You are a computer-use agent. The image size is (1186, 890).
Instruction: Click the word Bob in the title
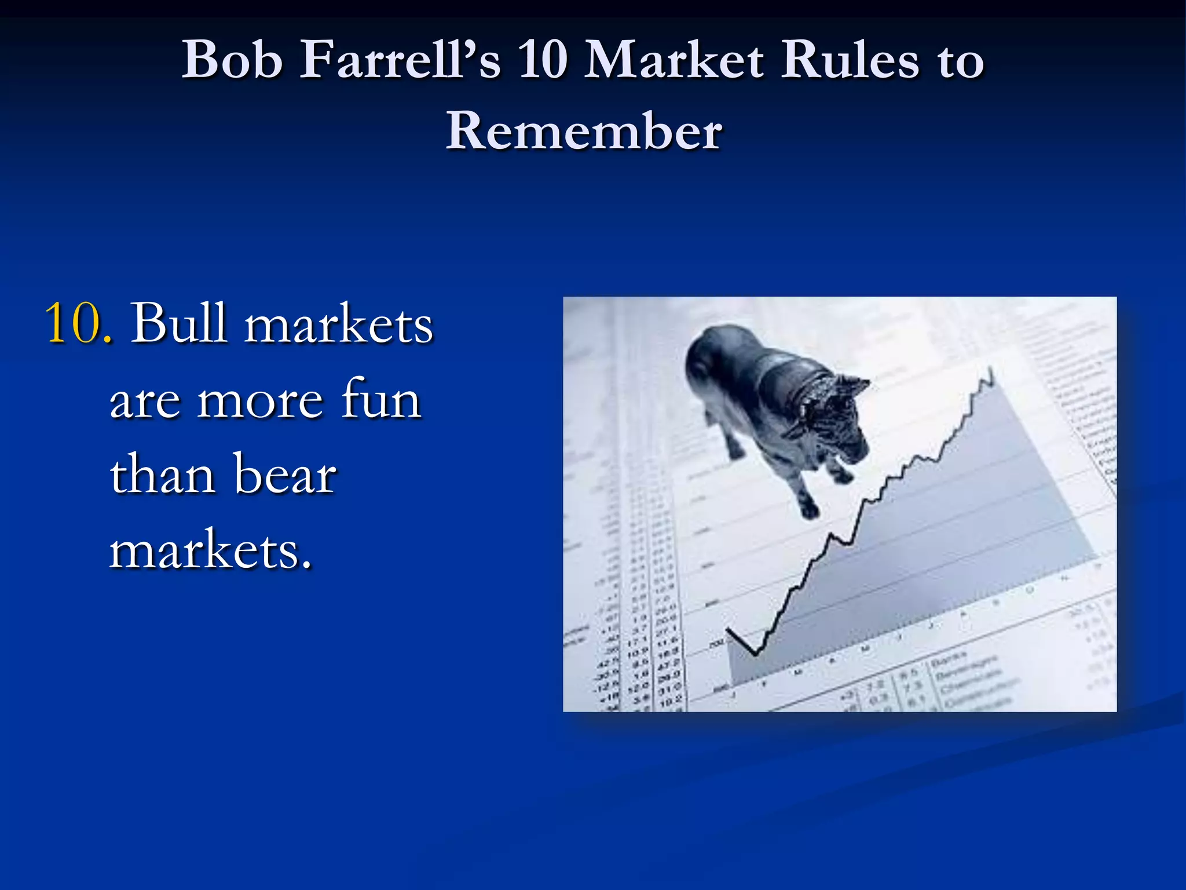(231, 60)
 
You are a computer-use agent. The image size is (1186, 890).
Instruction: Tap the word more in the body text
(260, 400)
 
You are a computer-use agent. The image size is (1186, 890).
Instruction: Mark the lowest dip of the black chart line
(755, 654)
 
